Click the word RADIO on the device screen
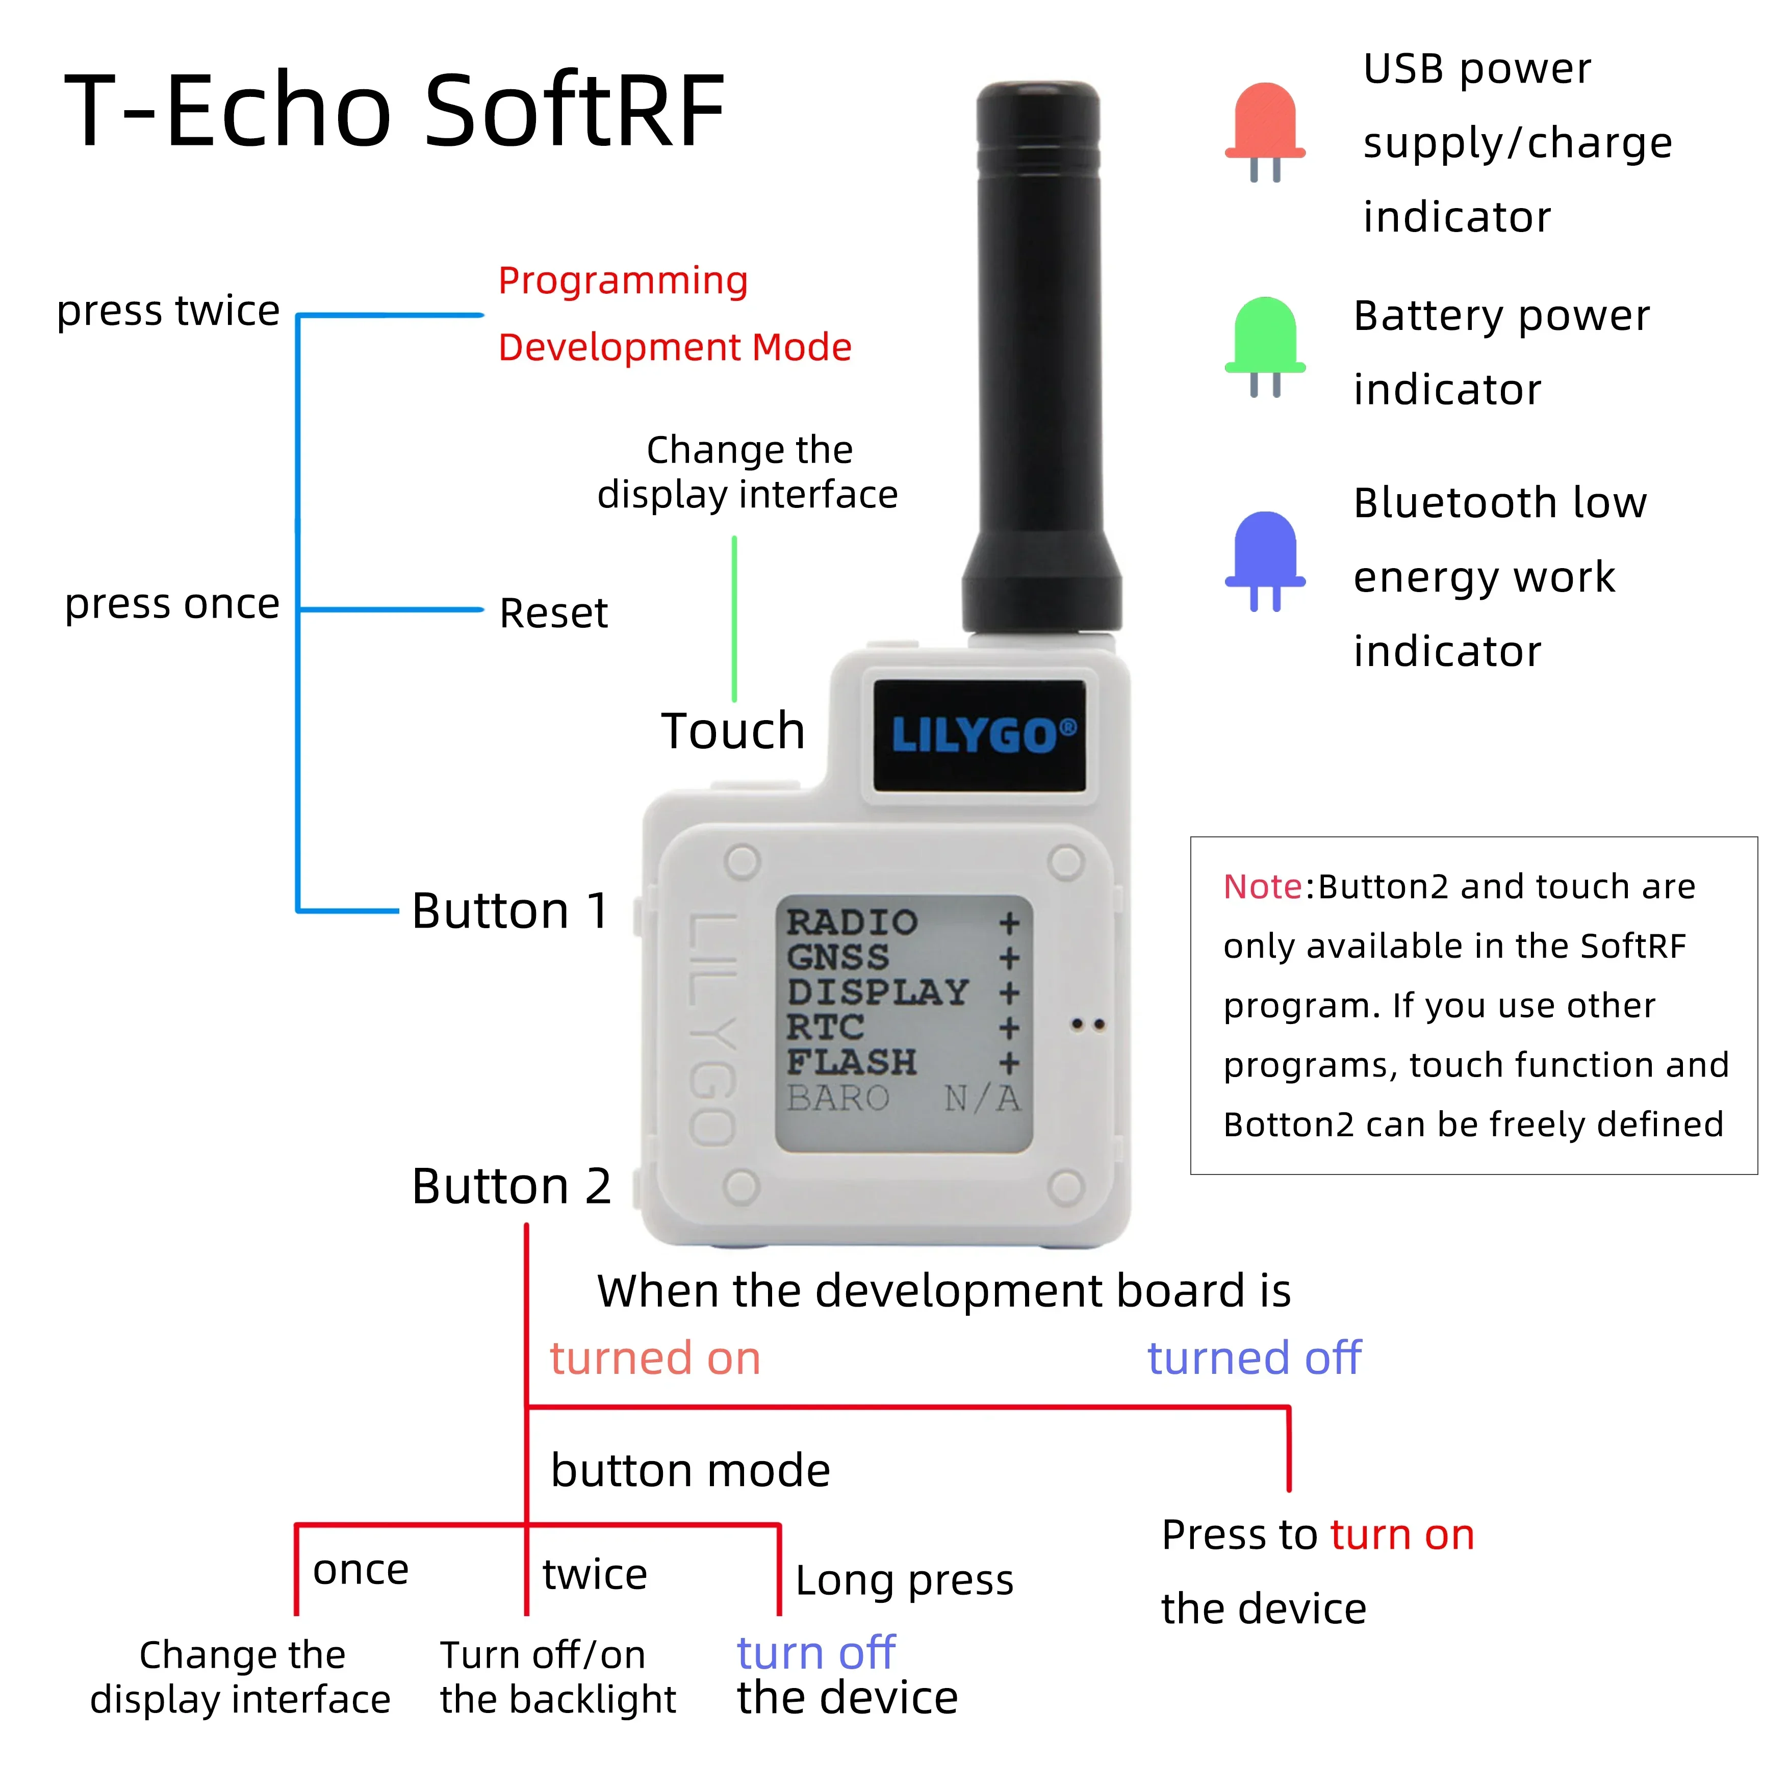coord(851,922)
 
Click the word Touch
coord(732,731)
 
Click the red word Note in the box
coord(1262,887)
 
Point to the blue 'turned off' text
coord(1254,1359)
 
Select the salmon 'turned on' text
coord(655,1359)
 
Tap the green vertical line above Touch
coord(734,619)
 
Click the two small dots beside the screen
coord(1088,1024)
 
